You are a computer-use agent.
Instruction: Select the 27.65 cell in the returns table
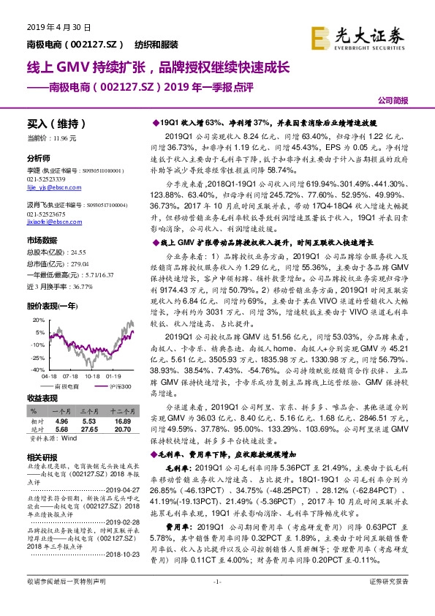click(89, 429)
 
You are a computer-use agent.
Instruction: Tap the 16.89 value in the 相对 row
click(123, 422)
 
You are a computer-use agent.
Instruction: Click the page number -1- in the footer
click(217, 601)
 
